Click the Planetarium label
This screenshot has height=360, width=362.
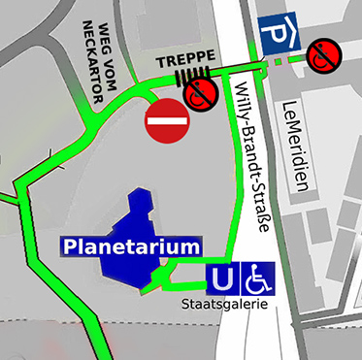click(131, 246)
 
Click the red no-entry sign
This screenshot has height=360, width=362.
click(164, 121)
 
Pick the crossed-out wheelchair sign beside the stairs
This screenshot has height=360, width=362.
click(201, 93)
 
